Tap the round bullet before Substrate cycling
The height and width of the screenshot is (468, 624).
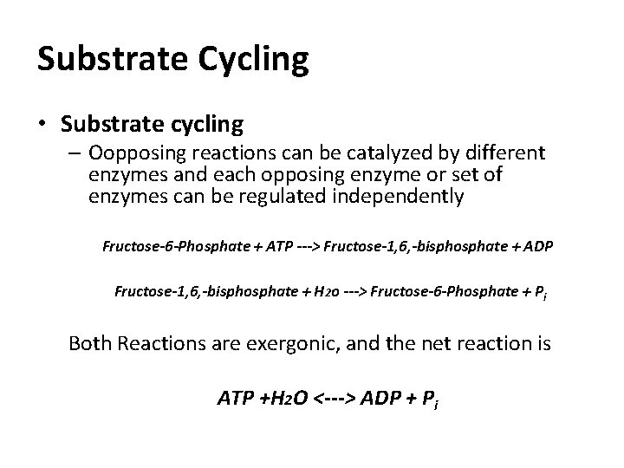[44, 125]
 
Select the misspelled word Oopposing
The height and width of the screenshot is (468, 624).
[128, 154]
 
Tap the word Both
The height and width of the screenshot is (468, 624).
[91, 343]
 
